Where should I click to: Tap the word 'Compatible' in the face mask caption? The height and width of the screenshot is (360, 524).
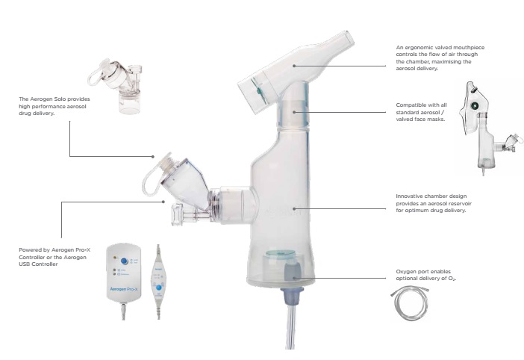[409, 105]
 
